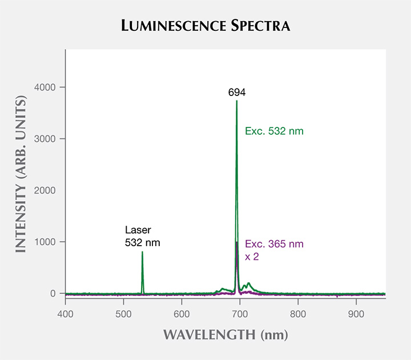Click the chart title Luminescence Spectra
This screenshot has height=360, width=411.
(205, 26)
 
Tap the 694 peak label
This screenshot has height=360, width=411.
(237, 93)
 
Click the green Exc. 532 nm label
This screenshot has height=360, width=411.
(274, 131)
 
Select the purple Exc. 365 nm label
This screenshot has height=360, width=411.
(274, 244)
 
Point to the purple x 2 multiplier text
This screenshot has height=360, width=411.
(252, 257)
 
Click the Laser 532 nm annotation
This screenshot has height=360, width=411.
(142, 236)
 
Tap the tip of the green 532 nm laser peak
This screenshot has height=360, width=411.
(142, 251)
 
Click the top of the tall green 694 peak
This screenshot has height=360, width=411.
(237, 101)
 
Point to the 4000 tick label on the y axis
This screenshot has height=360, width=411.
(45, 87)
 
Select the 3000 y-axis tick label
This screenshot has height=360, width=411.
(45, 139)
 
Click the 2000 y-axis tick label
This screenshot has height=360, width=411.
(45, 190)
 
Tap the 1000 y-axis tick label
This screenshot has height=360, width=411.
(45, 242)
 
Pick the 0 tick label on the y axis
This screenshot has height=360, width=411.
(53, 293)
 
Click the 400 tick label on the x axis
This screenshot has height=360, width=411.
(65, 314)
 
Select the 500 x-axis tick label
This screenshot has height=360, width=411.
(123, 314)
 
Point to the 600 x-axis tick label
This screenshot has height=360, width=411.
(182, 314)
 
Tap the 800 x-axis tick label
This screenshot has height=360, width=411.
(298, 314)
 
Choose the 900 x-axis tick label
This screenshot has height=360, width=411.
(356, 314)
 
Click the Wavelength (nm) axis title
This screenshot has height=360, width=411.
(225, 335)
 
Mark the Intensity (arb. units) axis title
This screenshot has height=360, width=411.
(21, 174)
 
